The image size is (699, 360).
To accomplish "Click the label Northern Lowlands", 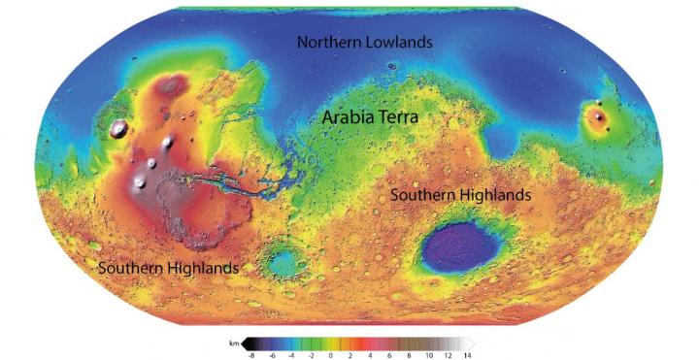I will point(364,43).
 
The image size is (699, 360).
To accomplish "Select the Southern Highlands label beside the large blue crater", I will point(460,195).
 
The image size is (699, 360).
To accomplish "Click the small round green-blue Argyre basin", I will point(284,260).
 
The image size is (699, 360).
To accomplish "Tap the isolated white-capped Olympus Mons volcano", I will point(120,128).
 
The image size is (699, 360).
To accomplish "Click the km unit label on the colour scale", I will point(233,343).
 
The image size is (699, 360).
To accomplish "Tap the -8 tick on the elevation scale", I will point(250,355).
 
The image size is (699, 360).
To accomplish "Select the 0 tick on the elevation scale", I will point(331,355).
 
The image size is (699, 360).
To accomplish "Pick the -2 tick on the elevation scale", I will point(311,355).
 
